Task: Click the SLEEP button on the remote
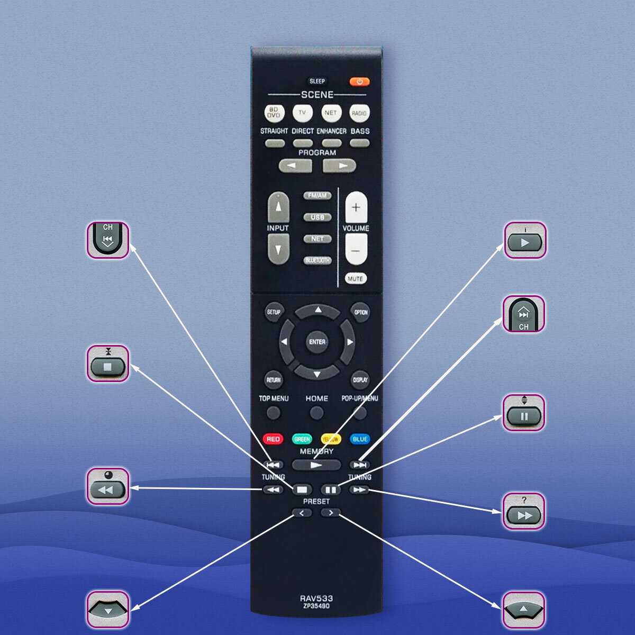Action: pos(317,81)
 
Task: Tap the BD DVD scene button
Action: pos(274,113)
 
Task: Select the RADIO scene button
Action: pos(359,113)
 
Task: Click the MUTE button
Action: pos(356,278)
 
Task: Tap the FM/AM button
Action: pos(317,196)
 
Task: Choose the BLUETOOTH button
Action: pos(317,260)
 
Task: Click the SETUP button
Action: pos(274,312)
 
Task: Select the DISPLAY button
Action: pos(360,380)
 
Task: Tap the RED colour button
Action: pos(273,439)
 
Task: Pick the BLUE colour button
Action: pos(360,439)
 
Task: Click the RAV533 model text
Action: pos(316,598)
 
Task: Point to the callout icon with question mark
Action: pos(523,512)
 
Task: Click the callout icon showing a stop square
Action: pos(108,364)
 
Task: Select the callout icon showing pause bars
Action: pos(523,413)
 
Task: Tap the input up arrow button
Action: pos(278,207)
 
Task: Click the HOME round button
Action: pos(316,412)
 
